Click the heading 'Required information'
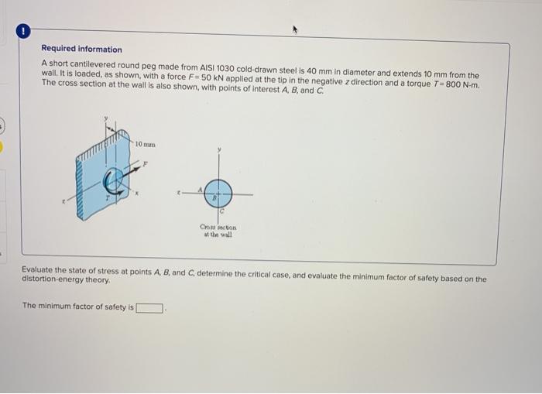point(81,49)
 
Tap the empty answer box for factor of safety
point(150,307)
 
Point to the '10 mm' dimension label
point(145,145)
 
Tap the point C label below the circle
point(222,211)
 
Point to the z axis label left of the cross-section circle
point(178,192)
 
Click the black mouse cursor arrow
point(294,29)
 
